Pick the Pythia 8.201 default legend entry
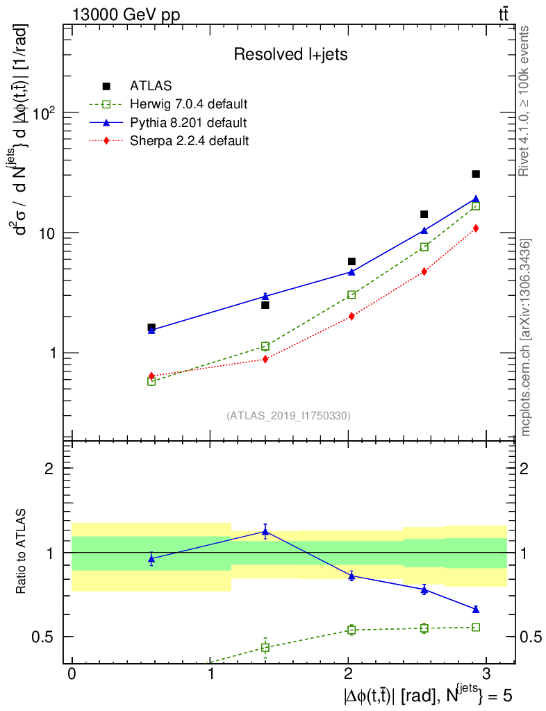[x=188, y=123]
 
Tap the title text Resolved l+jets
[x=290, y=55]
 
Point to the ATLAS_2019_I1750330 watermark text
[x=288, y=416]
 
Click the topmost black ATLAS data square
[x=476, y=174]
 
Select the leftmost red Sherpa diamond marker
[x=151, y=376]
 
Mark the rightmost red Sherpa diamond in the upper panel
[x=476, y=228]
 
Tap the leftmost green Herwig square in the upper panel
[x=151, y=381]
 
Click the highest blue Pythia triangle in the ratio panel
[x=265, y=532]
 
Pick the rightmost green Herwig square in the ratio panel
[x=476, y=627]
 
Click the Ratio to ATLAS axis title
[x=22, y=552]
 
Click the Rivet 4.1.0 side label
[x=526, y=101]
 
